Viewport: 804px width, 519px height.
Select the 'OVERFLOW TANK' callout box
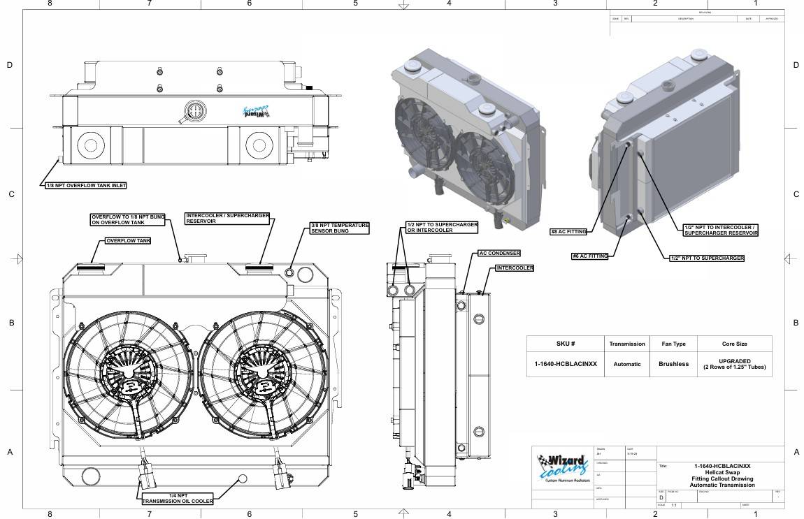point(128,240)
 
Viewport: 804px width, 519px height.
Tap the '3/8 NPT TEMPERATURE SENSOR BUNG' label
point(339,228)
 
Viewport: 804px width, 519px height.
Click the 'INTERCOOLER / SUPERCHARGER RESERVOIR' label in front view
point(227,218)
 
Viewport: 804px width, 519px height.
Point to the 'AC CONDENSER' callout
point(499,254)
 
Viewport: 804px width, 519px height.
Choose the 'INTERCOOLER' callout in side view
point(515,268)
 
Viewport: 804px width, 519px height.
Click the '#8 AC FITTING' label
point(568,231)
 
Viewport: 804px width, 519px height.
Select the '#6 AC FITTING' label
point(589,256)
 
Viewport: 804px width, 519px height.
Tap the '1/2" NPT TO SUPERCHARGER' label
point(706,258)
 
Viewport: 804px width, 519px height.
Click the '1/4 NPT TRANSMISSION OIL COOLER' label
point(178,498)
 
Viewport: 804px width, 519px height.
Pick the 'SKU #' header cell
point(565,344)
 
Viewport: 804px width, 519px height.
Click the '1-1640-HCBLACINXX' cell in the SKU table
point(565,364)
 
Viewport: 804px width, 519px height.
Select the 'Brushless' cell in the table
point(673,364)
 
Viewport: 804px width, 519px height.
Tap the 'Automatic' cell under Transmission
point(626,364)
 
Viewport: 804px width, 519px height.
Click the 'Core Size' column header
point(734,344)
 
